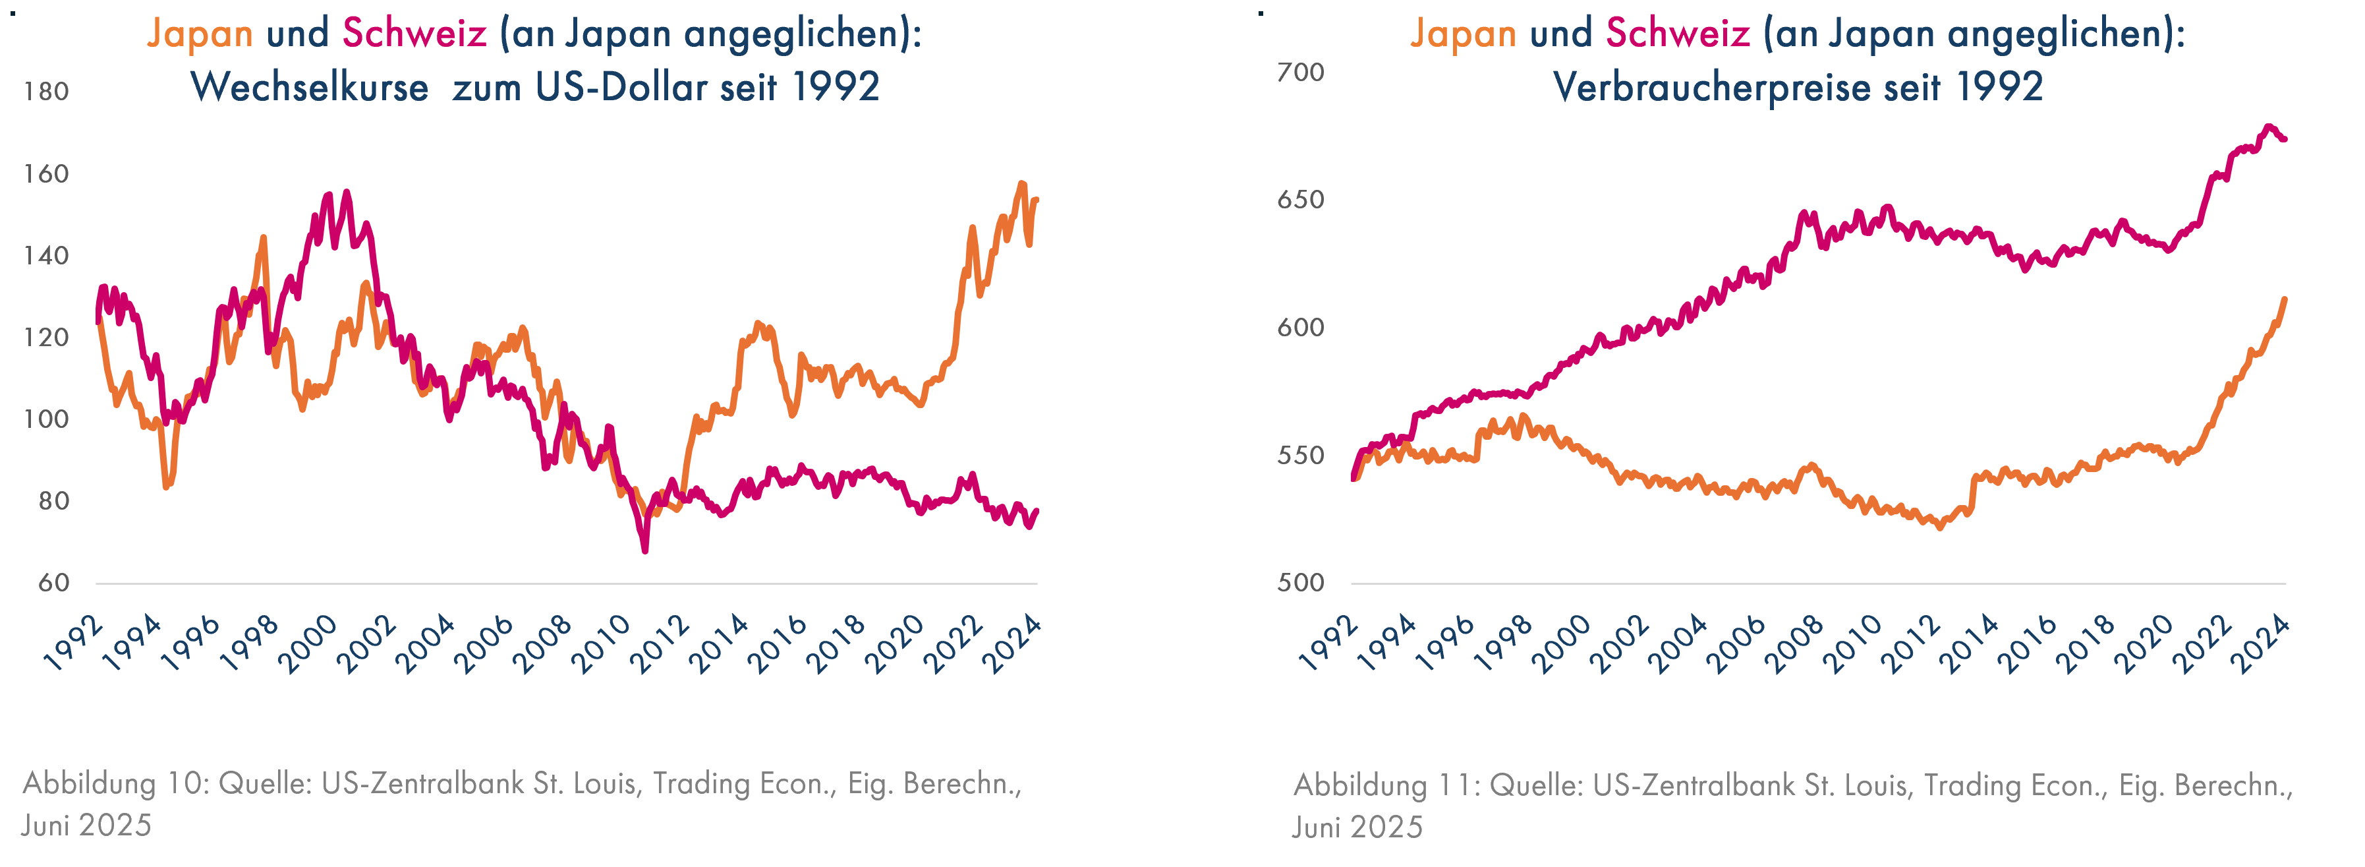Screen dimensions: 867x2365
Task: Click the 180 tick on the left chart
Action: [x=46, y=92]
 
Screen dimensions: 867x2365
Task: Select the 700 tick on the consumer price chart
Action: [x=1300, y=73]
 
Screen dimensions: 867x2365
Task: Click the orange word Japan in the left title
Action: [x=199, y=34]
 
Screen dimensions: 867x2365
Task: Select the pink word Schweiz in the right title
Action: [x=1677, y=34]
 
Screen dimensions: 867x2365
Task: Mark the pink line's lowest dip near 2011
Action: [x=644, y=550]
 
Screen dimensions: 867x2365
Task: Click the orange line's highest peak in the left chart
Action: [x=1023, y=184]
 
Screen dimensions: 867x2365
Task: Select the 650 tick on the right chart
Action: [x=1300, y=200]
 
